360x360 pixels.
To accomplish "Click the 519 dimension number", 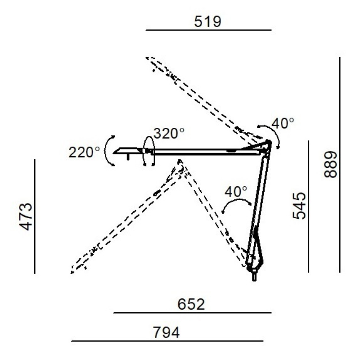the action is point(207,22).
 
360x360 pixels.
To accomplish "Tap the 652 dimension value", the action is point(191,305).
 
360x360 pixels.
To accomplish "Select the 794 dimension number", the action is point(166,333).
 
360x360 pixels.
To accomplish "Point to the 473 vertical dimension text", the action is point(26,216).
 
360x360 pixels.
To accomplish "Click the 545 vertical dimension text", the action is point(300,206).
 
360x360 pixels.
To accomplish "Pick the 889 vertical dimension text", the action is point(331,164).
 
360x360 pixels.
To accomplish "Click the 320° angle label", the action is point(169,133).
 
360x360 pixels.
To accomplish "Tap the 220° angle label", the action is point(84,152).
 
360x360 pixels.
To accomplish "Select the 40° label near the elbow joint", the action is point(283,123).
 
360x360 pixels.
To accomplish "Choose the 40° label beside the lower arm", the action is point(236,192).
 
